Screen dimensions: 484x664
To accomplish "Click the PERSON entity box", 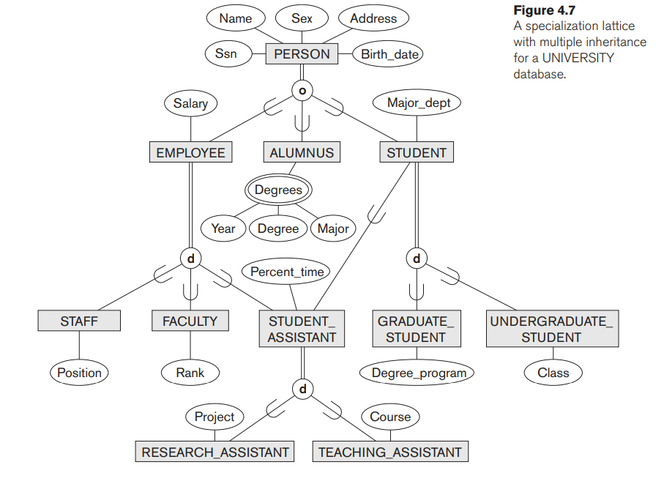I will click(x=302, y=53).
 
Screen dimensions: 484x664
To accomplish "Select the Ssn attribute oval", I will click(x=225, y=53).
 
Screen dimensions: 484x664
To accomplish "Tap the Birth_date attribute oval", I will click(x=387, y=53).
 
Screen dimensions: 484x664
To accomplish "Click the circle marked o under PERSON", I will click(x=302, y=90).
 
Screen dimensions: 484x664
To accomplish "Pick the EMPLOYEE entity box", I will click(x=190, y=152).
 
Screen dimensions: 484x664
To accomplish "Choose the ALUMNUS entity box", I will click(x=302, y=152).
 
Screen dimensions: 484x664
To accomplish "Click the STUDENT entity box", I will click(x=416, y=152).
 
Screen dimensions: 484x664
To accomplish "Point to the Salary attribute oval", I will click(x=190, y=103).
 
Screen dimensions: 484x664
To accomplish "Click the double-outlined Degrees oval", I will click(x=278, y=190).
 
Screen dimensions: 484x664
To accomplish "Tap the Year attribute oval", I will click(x=223, y=228).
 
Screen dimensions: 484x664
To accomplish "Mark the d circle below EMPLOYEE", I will click(x=190, y=258).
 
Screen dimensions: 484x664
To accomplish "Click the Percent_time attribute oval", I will click(x=287, y=272).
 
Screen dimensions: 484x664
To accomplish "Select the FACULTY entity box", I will click(x=190, y=321).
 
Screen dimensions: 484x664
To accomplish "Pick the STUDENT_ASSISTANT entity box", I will click(x=302, y=330).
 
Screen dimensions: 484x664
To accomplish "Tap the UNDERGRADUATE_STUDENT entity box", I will click(x=551, y=330).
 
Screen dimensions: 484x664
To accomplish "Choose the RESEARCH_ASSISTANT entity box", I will click(x=215, y=452).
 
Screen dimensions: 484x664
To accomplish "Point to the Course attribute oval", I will click(x=390, y=417).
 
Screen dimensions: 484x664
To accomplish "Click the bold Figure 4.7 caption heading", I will click(x=544, y=10).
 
